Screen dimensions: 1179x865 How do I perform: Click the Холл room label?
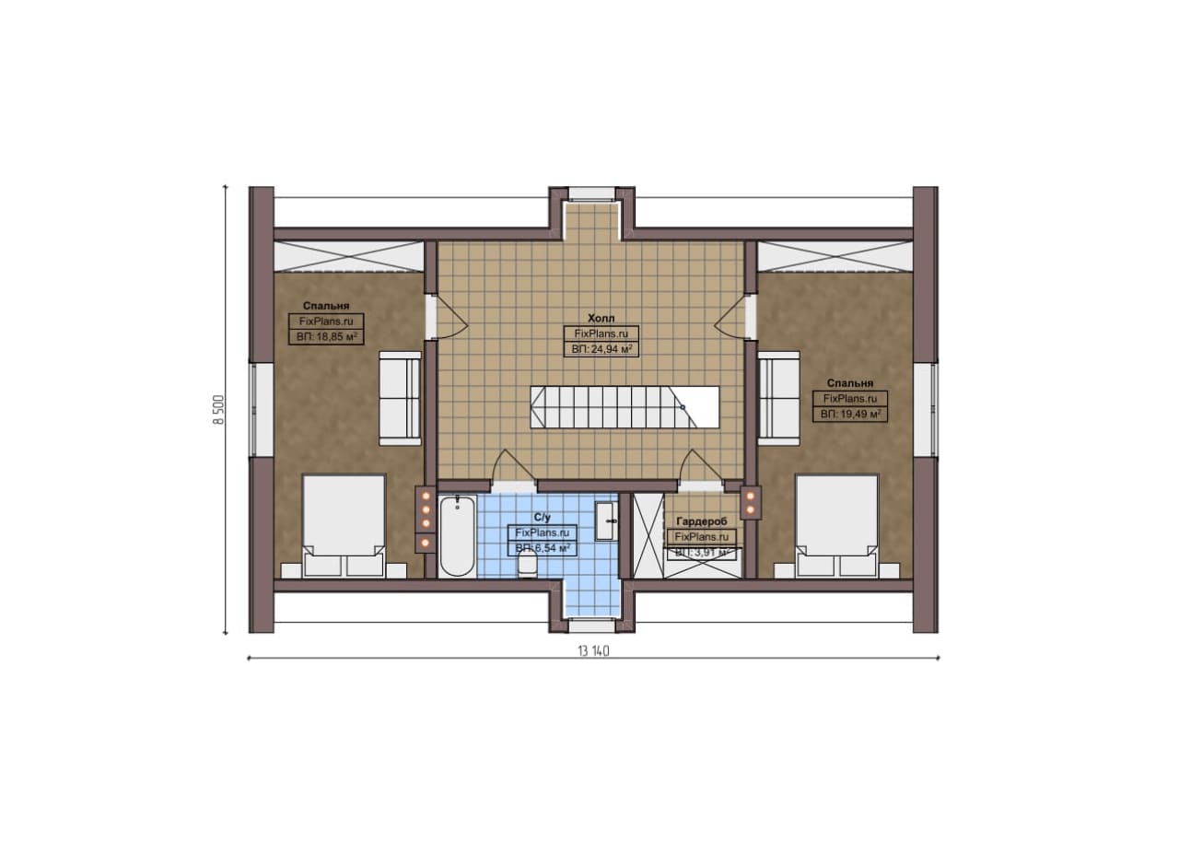click(601, 318)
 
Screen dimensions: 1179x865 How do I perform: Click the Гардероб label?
click(702, 521)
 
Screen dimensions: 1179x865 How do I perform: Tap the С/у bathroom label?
click(543, 518)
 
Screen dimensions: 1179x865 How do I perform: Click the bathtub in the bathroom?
click(458, 535)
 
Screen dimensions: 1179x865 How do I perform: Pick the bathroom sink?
click(605, 520)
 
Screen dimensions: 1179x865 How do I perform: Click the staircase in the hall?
click(625, 407)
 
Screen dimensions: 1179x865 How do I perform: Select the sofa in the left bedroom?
click(400, 399)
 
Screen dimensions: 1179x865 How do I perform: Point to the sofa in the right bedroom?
click(779, 399)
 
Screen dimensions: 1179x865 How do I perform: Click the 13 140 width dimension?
click(593, 651)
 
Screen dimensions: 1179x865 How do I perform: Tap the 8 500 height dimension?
click(218, 410)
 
